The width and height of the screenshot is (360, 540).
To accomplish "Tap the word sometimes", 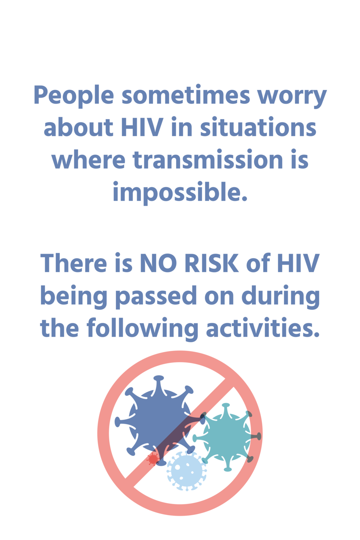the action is [x=186, y=94].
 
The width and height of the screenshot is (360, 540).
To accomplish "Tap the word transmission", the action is [x=208, y=159].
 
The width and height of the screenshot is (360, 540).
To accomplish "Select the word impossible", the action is [x=180, y=192].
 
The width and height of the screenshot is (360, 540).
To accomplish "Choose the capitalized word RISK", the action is [x=211, y=263].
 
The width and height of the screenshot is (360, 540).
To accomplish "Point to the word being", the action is [x=73, y=297].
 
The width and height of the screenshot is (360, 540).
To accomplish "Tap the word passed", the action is [x=156, y=297].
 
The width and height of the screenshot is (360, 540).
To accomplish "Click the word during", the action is [x=281, y=297].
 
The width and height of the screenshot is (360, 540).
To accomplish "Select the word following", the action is [x=142, y=329].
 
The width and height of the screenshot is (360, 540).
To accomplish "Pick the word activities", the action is [x=263, y=327].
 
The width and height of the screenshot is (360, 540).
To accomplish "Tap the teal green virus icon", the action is [x=226, y=436].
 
